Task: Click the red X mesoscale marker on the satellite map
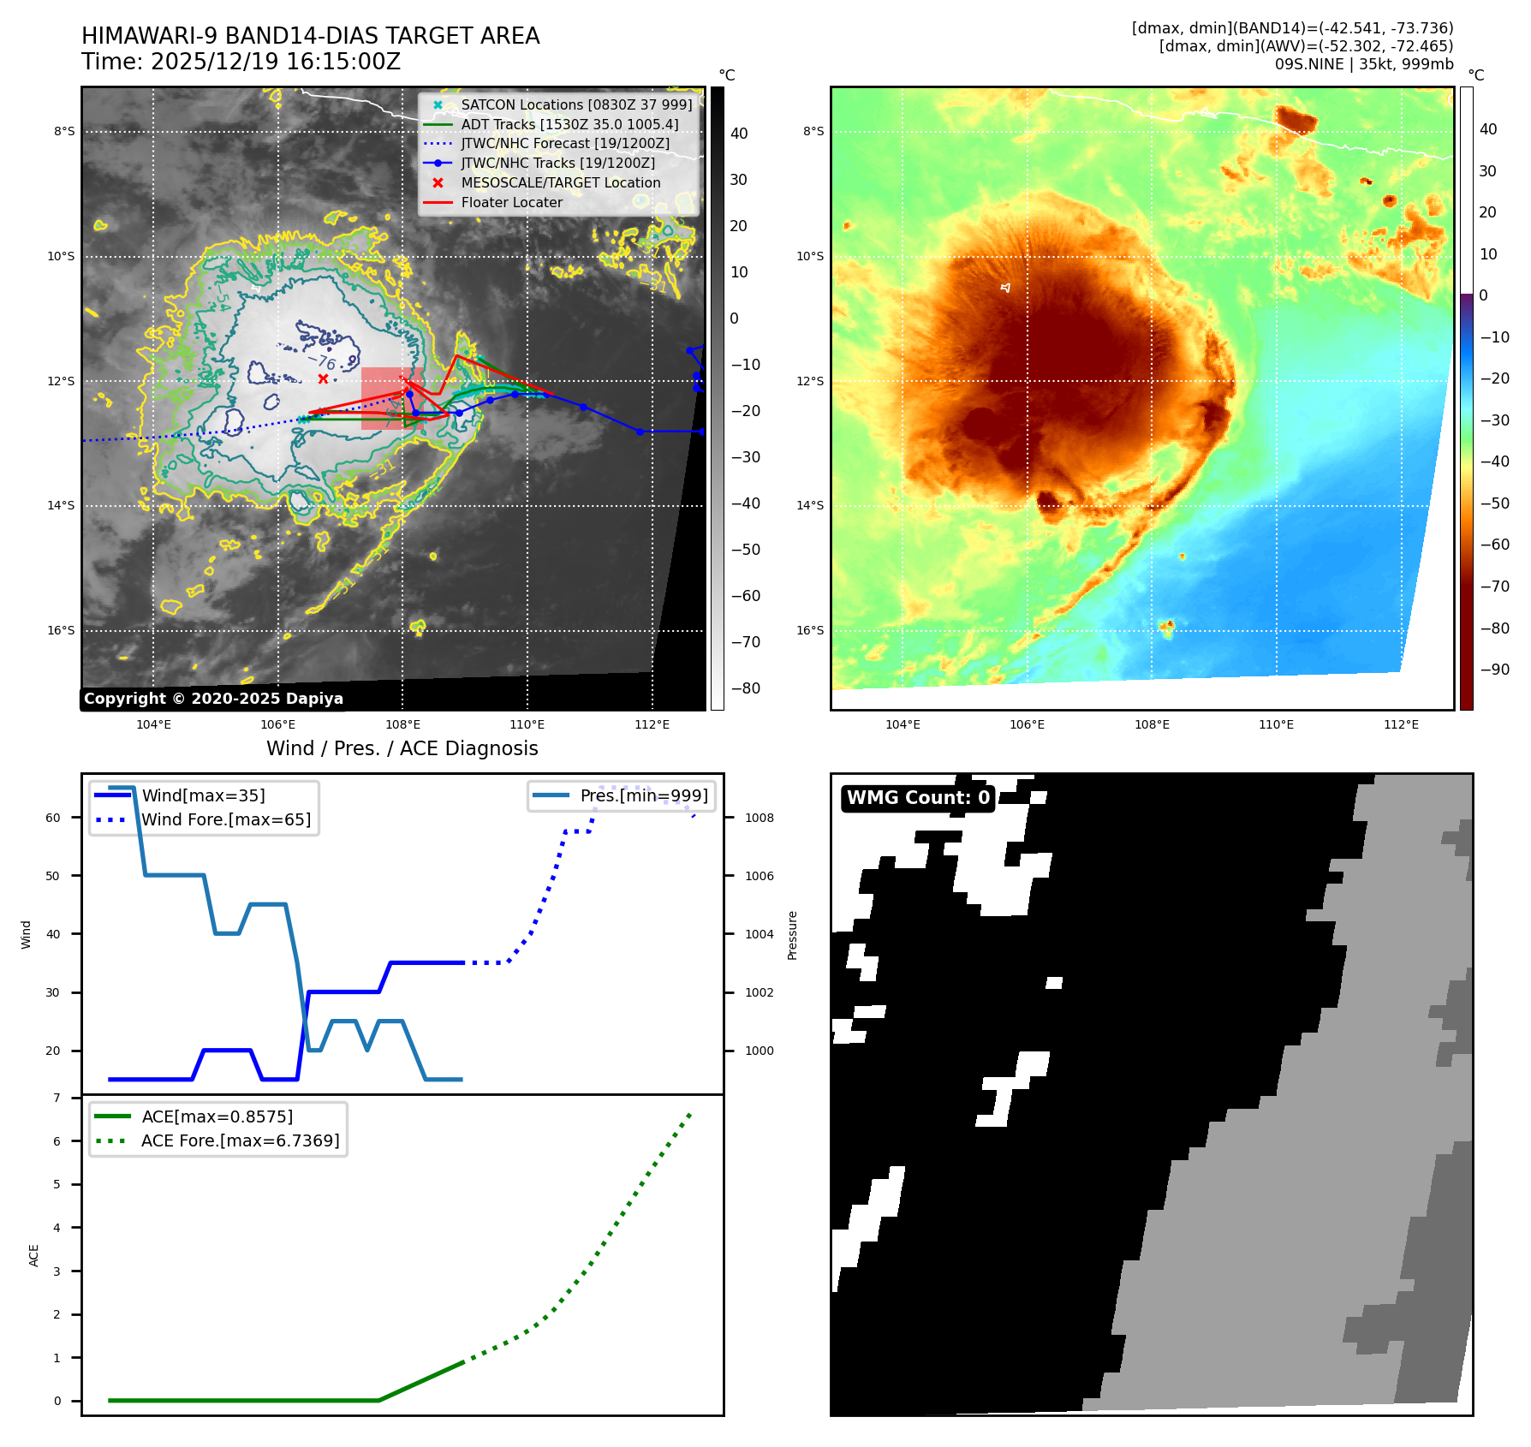coord(323,378)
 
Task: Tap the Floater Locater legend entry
coord(511,202)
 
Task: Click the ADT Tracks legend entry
coord(569,124)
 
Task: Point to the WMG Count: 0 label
coord(918,798)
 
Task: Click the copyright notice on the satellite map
coord(213,699)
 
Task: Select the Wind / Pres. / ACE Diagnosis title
coord(402,748)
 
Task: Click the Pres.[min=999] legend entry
coord(643,795)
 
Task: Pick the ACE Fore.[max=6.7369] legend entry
coord(240,1140)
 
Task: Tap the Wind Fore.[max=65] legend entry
coord(226,819)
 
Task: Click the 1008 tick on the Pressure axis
coord(759,818)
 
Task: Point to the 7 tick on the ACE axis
coord(57,1098)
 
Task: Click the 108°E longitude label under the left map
coord(402,724)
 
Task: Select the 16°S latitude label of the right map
coord(810,630)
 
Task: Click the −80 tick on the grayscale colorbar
coord(745,688)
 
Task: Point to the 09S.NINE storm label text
coord(1309,64)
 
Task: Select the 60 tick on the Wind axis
coord(53,818)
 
